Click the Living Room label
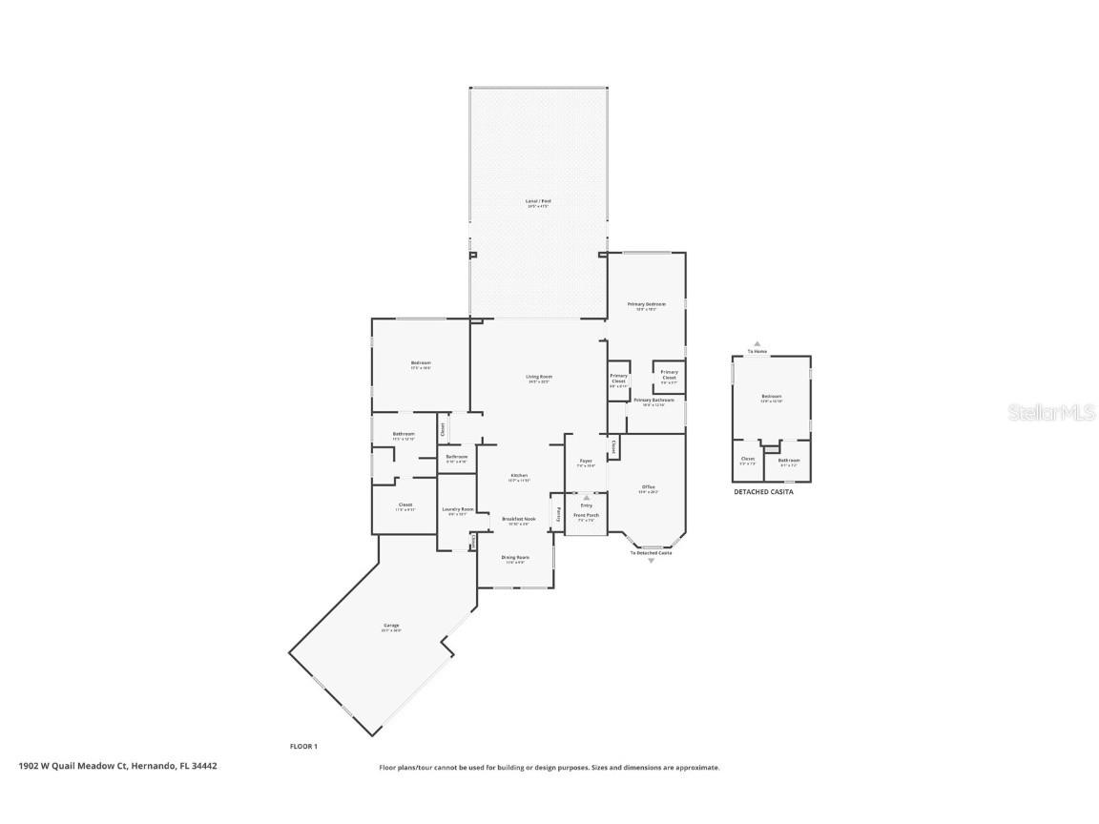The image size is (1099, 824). click(539, 377)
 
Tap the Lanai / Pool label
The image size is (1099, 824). click(538, 201)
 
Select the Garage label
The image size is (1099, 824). click(391, 626)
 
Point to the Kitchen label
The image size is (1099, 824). click(519, 476)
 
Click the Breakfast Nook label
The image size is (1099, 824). click(519, 519)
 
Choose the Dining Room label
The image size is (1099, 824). click(516, 557)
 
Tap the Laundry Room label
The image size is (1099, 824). click(458, 509)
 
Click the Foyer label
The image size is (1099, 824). click(586, 462)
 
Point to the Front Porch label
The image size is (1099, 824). click(586, 515)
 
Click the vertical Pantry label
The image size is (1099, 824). click(559, 513)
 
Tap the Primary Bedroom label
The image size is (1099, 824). click(646, 304)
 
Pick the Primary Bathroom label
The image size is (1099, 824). click(654, 401)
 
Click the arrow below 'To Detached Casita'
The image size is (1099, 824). click(652, 561)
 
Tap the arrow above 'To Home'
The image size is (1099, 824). click(757, 343)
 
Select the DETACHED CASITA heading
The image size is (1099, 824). click(763, 492)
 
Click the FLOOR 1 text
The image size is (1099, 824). click(303, 746)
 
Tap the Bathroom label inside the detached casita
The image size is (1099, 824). click(789, 460)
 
